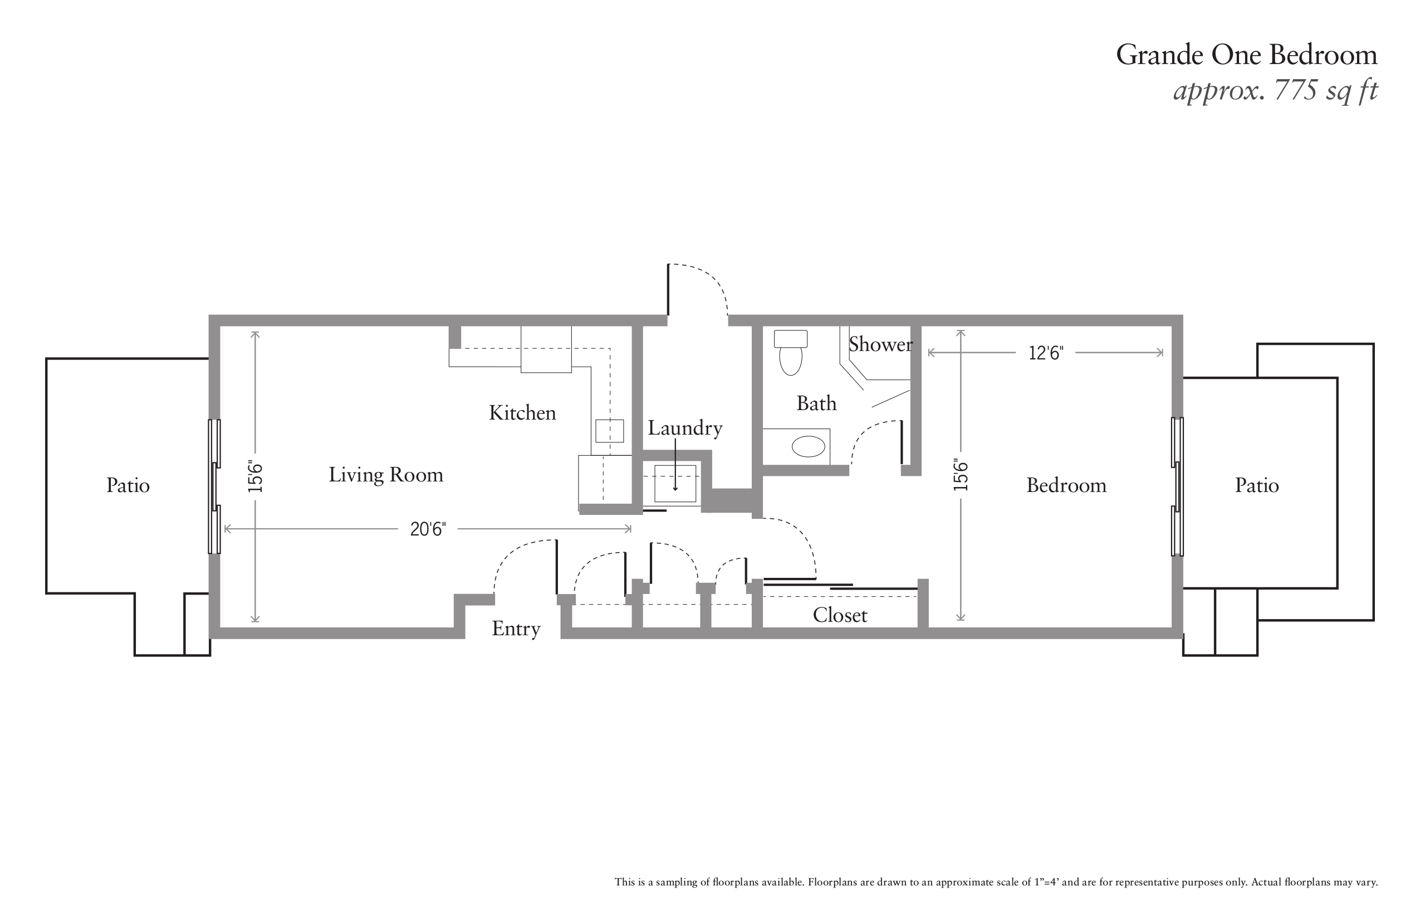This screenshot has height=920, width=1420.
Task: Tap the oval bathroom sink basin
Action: pos(808,446)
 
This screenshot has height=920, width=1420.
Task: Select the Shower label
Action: pos(880,344)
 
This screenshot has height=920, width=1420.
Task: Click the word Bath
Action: pos(816,403)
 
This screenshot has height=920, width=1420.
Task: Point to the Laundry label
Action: pos(685,428)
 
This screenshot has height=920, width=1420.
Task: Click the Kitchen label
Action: pos(522,412)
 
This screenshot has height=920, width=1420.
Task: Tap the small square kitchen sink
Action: pos(609,430)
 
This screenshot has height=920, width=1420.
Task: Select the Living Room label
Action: pos(386,475)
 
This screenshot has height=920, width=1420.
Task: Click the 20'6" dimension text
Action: pos(428,529)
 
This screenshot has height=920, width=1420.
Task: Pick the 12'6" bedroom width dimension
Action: pos(1045,353)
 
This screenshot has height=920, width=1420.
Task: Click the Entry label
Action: pos(516,629)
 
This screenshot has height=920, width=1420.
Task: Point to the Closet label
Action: pos(840,616)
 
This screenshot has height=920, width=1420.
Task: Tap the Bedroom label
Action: pos(1066,485)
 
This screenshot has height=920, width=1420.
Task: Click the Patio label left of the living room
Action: pos(128,485)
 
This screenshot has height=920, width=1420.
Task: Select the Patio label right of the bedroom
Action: pos(1256,485)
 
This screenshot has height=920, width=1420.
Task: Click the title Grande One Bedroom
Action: pos(1246,55)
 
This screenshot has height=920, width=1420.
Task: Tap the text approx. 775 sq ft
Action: pos(1275,91)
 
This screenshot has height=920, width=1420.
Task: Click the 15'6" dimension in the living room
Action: pos(256,476)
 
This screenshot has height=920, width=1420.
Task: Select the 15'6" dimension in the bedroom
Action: pos(960,475)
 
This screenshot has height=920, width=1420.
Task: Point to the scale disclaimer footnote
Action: pos(996,882)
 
